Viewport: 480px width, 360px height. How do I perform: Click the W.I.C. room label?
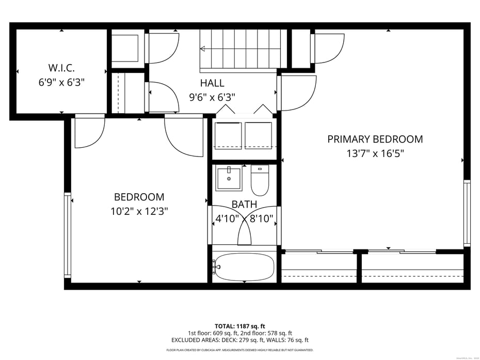tap(61, 68)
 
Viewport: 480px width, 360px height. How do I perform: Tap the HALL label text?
tap(212, 83)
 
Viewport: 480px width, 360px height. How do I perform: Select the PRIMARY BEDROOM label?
tap(375, 139)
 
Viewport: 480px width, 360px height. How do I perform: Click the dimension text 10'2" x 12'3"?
tap(139, 211)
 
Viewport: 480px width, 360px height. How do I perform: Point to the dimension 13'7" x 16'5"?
tap(375, 153)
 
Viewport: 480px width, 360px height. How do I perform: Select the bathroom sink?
tap(229, 178)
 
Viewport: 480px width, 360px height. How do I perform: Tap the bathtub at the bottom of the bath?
tap(244, 267)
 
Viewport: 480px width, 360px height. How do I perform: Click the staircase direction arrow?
tap(203, 49)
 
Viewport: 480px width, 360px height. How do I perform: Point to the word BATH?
tap(244, 205)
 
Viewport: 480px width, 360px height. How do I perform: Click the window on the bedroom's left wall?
tap(67, 235)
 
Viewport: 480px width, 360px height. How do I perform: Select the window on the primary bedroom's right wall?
tap(467, 212)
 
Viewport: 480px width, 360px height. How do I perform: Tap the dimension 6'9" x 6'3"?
tap(61, 82)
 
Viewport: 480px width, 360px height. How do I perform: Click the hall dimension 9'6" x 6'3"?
tap(212, 97)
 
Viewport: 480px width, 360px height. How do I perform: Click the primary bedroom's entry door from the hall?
tap(298, 93)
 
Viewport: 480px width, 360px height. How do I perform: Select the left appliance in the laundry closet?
tap(228, 135)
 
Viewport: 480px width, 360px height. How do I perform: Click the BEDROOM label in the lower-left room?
tap(139, 197)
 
